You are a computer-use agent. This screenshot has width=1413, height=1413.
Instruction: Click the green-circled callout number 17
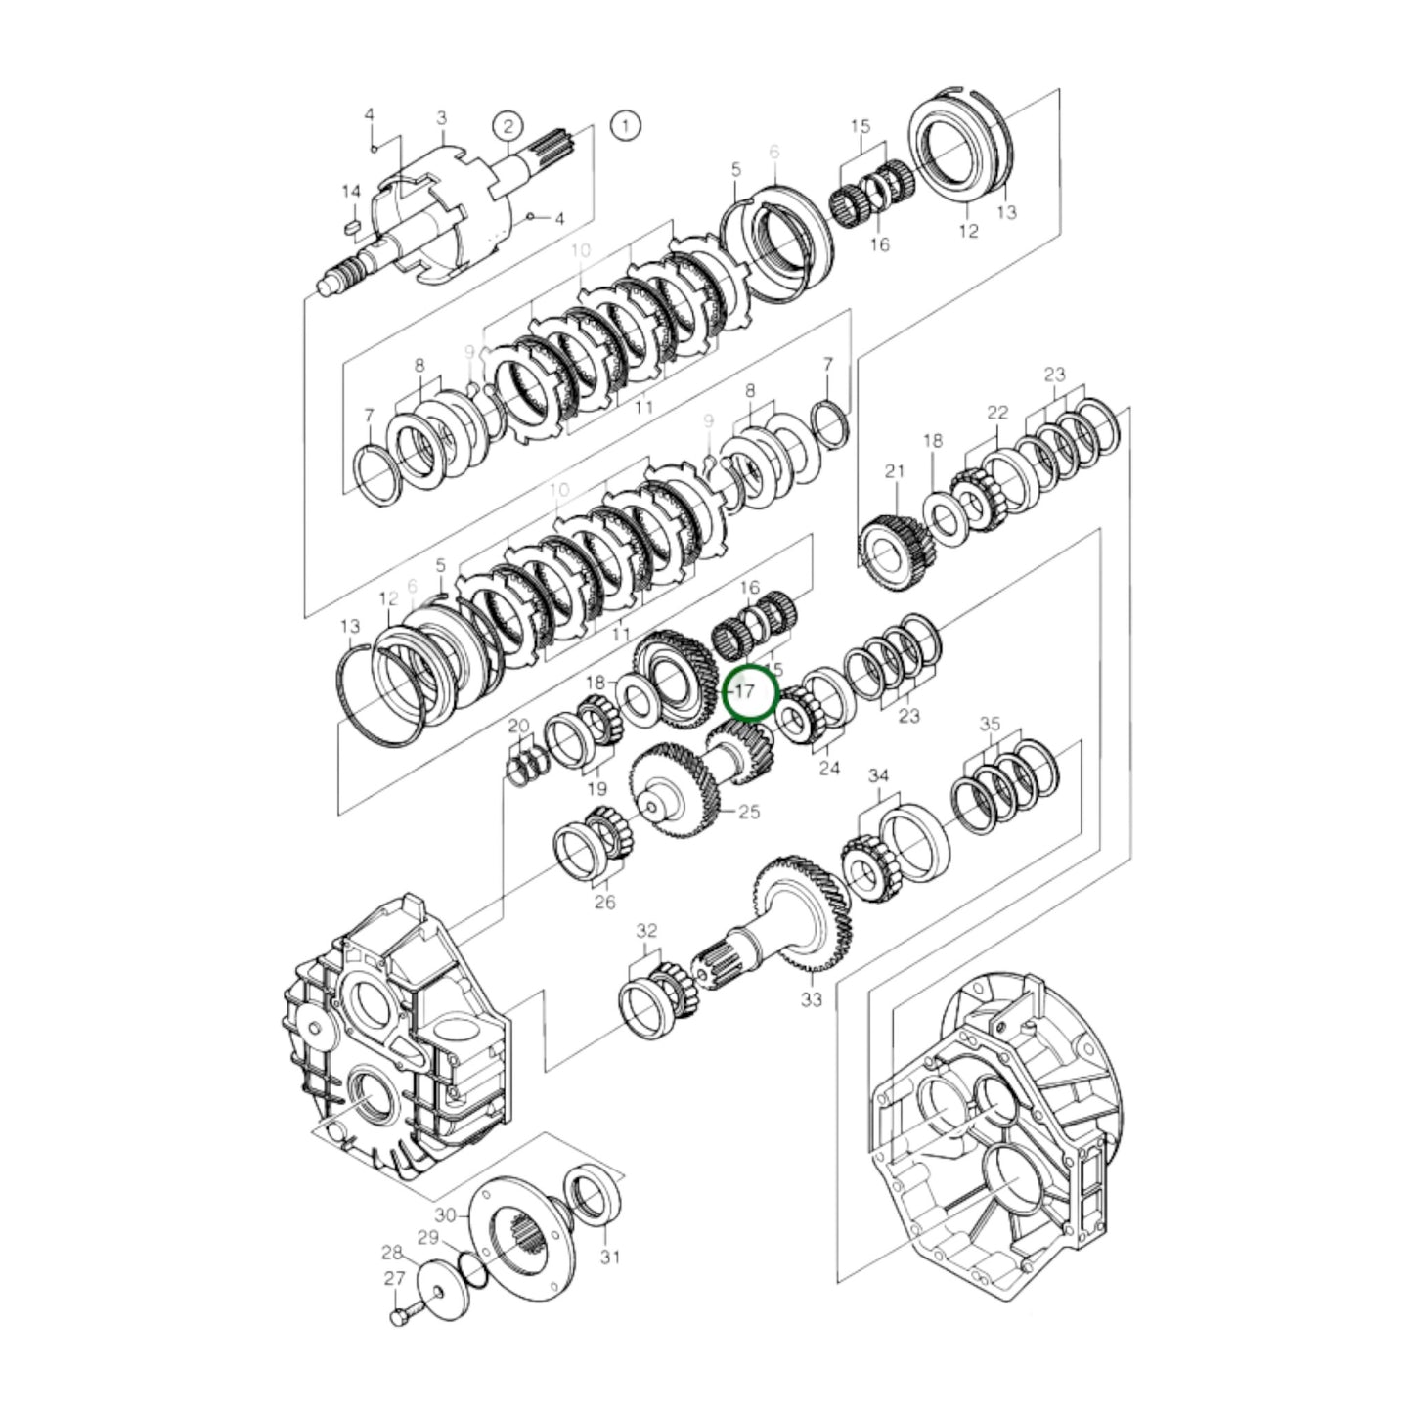[x=747, y=691]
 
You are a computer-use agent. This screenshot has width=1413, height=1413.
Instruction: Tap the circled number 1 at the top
[x=625, y=125]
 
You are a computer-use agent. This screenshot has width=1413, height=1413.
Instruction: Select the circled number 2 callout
[x=508, y=125]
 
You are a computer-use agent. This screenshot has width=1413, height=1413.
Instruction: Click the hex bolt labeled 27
[x=400, y=1319]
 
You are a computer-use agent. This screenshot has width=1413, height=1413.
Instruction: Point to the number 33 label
[x=812, y=999]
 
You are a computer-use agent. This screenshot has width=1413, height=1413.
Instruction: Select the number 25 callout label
[x=749, y=812]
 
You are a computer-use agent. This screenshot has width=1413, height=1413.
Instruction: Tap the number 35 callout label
[x=991, y=725]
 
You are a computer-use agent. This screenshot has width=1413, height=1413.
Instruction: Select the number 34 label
[x=879, y=776]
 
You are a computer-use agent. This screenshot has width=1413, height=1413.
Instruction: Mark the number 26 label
[x=605, y=902]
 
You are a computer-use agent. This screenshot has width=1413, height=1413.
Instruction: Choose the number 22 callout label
[x=996, y=414]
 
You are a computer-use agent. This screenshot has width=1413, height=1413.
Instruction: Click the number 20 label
[x=518, y=726]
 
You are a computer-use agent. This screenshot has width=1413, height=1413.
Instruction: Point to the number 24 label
[x=829, y=769]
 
